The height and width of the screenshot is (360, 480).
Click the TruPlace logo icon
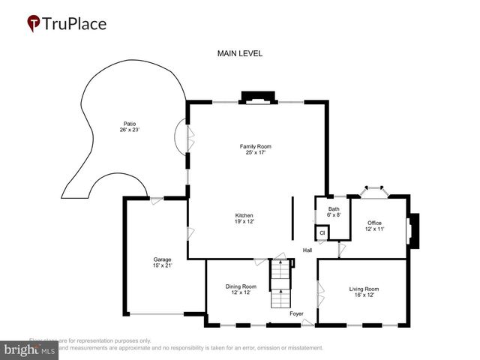pyautogui.click(x=34, y=24)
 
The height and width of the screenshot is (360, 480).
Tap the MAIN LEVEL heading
pyautogui.click(x=239, y=53)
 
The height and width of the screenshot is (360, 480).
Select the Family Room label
pyautogui.click(x=254, y=145)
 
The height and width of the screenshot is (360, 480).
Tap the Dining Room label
pyautogui.click(x=241, y=286)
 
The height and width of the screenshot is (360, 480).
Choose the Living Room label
pyautogui.click(x=363, y=289)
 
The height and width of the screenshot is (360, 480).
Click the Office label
pyautogui.click(x=374, y=223)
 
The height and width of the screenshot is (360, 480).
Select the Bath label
pyautogui.click(x=334, y=209)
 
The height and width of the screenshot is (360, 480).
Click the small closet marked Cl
pyautogui.click(x=322, y=233)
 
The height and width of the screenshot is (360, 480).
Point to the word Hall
pyautogui.click(x=307, y=250)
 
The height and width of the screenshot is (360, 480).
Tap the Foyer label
pyautogui.click(x=296, y=313)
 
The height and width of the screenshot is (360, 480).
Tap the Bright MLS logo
pyautogui.click(x=30, y=349)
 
